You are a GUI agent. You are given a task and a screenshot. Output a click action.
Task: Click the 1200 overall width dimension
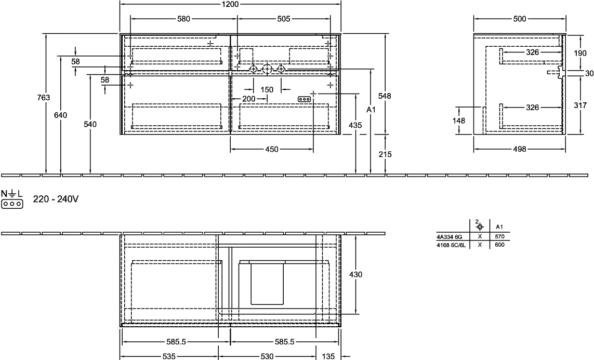[230, 4]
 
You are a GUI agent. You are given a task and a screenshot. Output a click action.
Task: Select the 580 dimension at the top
[183, 19]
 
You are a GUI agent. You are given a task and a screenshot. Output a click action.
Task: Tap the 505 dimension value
[283, 19]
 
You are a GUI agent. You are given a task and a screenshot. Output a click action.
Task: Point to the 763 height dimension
[44, 98]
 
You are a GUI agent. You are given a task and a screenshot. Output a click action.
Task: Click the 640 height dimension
[61, 115]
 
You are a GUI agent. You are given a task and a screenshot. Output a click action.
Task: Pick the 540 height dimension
[90, 124]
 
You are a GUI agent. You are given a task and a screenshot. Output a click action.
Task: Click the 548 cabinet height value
[385, 96]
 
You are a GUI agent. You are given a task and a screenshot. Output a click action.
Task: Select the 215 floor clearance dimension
[385, 154]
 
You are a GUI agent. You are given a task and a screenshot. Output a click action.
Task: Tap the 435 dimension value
[355, 125]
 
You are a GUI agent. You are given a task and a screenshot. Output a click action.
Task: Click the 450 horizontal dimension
[272, 150]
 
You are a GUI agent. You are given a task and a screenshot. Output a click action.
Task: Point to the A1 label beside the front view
[371, 110]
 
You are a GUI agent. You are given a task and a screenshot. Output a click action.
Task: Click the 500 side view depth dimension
[520, 19]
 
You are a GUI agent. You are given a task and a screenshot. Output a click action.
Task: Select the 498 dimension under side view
[519, 150]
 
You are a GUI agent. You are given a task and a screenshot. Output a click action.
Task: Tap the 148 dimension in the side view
[459, 121]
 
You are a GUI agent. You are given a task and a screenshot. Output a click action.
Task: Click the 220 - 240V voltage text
[56, 199]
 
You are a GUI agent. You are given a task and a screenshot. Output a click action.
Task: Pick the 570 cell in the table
[499, 236]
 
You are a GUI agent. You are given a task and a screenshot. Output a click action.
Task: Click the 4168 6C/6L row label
[451, 245]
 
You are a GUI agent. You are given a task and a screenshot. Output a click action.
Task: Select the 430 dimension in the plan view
[355, 274]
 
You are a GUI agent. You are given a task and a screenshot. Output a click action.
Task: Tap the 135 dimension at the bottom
[328, 356]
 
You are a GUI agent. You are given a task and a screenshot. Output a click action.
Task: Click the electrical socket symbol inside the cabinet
[305, 99]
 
